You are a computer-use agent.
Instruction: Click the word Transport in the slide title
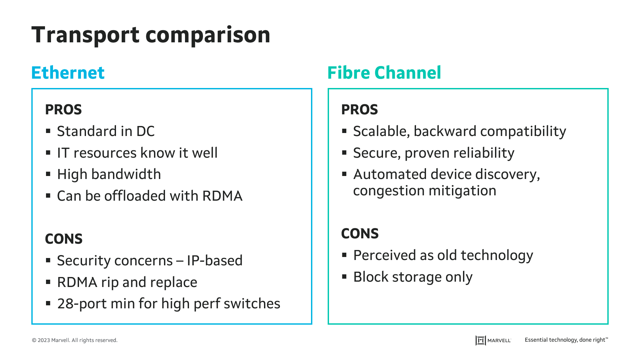[x=85, y=35]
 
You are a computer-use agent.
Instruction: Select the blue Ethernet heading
[x=68, y=73]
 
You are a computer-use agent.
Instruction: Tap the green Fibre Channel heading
[x=384, y=73]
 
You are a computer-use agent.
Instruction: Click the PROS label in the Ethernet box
[x=63, y=110]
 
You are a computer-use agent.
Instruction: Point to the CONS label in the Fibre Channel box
[x=360, y=234]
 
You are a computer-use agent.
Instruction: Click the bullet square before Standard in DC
[x=48, y=131]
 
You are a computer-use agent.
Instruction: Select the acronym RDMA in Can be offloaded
[x=222, y=196]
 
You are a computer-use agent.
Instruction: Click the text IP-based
[x=215, y=261]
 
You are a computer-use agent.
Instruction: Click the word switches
[x=252, y=304]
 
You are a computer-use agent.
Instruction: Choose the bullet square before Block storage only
[x=345, y=277]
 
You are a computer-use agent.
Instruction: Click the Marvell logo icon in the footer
[x=481, y=340]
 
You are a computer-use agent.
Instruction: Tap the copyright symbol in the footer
[x=34, y=340]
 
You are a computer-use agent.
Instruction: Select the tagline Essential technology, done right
[x=566, y=340]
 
